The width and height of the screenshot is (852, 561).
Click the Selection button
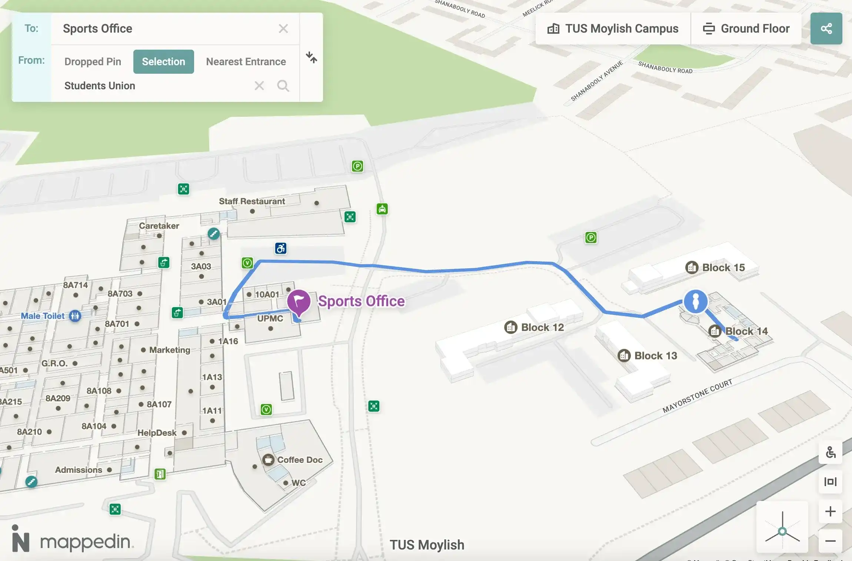(163, 62)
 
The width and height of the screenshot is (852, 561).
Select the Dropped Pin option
(93, 62)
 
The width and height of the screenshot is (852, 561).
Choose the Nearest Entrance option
(246, 62)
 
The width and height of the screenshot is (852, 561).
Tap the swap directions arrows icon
(311, 57)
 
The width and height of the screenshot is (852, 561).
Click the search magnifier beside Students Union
(283, 86)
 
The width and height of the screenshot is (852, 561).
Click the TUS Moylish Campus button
(613, 29)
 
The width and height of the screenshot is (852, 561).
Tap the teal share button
(826, 29)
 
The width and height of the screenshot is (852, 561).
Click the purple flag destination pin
(299, 301)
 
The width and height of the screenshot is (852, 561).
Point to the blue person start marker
(696, 301)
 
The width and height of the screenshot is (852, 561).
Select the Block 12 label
(542, 327)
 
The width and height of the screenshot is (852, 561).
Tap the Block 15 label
(723, 268)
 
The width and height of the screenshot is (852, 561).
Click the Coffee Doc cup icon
(268, 460)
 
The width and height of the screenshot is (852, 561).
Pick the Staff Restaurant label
(252, 201)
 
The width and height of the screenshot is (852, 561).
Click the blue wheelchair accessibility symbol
(281, 248)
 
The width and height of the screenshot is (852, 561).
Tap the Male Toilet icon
(75, 316)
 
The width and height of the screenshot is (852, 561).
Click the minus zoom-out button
(830, 541)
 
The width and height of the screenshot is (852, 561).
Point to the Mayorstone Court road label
(697, 396)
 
